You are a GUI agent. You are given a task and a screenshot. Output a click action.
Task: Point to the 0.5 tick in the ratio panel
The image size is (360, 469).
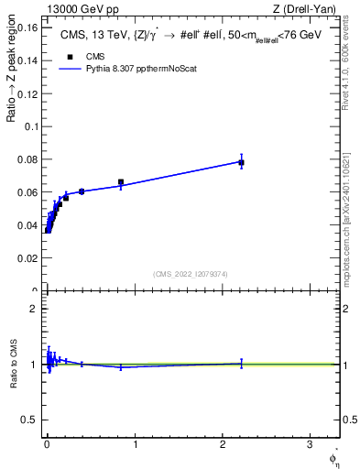pyautogui.click(x=32, y=420)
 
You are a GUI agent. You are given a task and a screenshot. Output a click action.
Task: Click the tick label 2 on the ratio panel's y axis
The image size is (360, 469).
pyautogui.click(x=35, y=309)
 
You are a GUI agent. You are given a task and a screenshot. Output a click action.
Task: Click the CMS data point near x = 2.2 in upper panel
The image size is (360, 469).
pyautogui.click(x=241, y=162)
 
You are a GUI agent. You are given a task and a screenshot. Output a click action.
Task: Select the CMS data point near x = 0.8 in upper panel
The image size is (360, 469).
pyautogui.click(x=121, y=182)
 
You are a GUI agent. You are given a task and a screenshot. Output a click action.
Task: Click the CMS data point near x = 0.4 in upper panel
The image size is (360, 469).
pyautogui.click(x=82, y=191)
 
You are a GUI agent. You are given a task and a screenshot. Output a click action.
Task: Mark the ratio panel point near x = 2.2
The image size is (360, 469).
pyautogui.click(x=241, y=364)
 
